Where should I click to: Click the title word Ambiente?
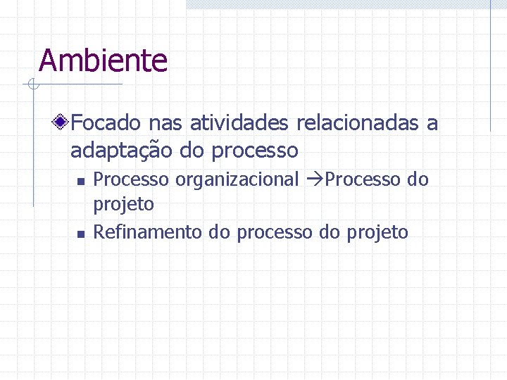click(x=103, y=61)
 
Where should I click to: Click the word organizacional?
click(x=237, y=180)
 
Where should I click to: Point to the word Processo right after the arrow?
click(x=363, y=180)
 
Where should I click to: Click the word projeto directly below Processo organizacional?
click(x=123, y=205)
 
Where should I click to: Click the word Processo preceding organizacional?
click(x=132, y=180)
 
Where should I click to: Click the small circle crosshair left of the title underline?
click(x=32, y=85)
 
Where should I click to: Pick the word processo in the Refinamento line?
click(x=275, y=233)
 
